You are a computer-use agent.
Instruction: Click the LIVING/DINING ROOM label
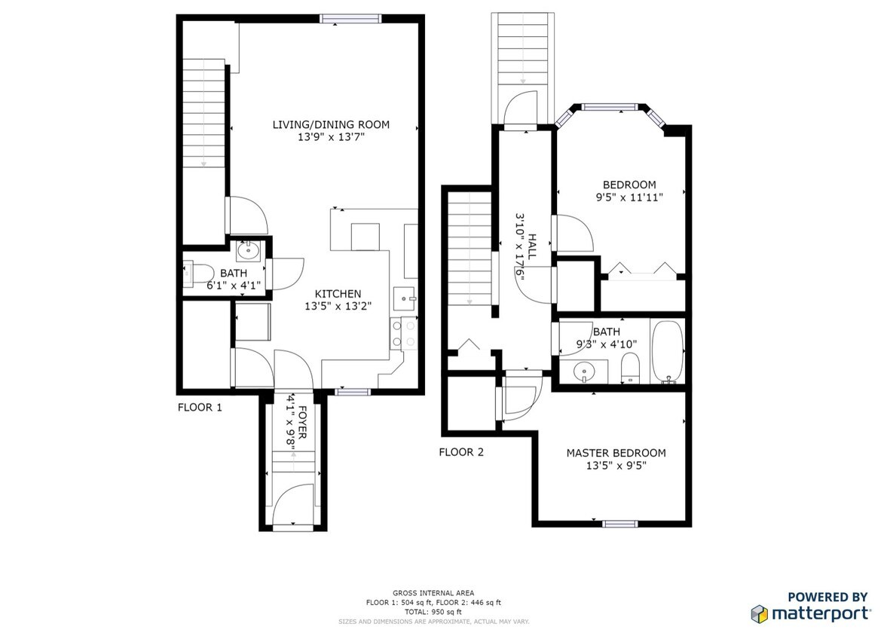(331, 124)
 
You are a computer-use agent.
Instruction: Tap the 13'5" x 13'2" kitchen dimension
(338, 307)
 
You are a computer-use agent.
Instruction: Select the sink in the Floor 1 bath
(248, 249)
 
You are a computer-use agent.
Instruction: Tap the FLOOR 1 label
(200, 408)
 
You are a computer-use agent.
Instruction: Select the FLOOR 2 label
(461, 452)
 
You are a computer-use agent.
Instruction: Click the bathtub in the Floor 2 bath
(668, 352)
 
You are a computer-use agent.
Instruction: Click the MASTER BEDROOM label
(616, 453)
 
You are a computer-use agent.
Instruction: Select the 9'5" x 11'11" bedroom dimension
(629, 197)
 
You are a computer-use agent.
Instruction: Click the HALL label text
(531, 246)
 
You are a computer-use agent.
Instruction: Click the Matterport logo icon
(759, 613)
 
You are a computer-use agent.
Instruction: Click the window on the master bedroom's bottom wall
(615, 523)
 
